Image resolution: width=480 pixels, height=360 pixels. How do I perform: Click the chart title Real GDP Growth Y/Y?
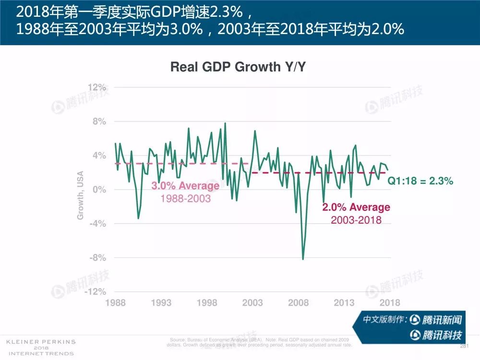pyautogui.click(x=238, y=67)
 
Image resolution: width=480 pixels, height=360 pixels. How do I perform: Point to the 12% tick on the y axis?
pyautogui.click(x=97, y=87)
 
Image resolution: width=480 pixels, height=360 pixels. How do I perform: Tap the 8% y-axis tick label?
pyautogui.click(x=99, y=122)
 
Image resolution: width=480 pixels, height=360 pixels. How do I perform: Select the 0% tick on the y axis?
pyautogui.click(x=99, y=190)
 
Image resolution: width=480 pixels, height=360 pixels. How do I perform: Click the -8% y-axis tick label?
pyautogui.click(x=97, y=258)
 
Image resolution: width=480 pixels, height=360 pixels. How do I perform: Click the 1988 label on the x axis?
pyautogui.click(x=115, y=303)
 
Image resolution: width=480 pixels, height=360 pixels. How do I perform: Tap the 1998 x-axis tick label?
pyautogui.click(x=206, y=303)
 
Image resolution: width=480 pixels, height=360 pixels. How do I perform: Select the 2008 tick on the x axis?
pyautogui.click(x=298, y=303)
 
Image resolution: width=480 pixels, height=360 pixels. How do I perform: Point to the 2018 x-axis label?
pyautogui.click(x=390, y=303)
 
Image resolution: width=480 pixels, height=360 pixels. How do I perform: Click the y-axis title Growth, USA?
pyautogui.click(x=81, y=195)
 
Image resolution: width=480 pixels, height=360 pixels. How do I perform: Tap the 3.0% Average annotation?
pyautogui.click(x=185, y=186)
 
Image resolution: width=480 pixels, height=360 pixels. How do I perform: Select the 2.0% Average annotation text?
pyautogui.click(x=356, y=207)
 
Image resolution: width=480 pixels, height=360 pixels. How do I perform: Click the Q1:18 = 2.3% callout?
pyautogui.click(x=420, y=181)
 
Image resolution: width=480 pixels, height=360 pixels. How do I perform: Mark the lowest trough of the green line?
pyautogui.click(x=303, y=259)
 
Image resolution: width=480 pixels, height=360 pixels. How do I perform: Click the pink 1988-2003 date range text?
pyautogui.click(x=185, y=198)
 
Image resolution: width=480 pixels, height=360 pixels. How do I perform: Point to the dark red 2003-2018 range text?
pyautogui.click(x=356, y=220)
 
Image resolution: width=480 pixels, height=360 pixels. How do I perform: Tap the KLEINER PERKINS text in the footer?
pyautogui.click(x=40, y=342)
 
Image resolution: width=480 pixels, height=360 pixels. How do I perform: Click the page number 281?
pyautogui.click(x=464, y=346)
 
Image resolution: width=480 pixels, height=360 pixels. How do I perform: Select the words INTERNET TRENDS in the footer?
pyautogui.click(x=40, y=353)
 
